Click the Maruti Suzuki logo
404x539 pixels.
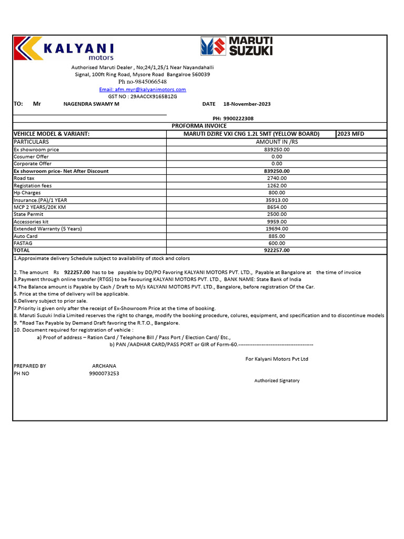(x=236, y=46)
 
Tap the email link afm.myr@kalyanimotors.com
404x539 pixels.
(x=143, y=89)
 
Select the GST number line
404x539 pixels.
(x=143, y=97)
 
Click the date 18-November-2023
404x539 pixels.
(x=247, y=104)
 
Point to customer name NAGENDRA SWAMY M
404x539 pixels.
(x=91, y=104)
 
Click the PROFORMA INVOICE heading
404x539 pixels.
(x=199, y=126)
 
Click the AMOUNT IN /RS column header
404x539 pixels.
(x=277, y=142)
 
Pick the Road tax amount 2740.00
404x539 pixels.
(x=277, y=178)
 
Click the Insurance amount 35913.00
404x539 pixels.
(x=277, y=200)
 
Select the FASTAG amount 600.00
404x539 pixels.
(x=277, y=243)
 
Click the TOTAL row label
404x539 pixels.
(x=22, y=251)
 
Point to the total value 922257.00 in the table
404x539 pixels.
(x=277, y=251)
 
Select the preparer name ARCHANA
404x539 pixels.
(x=104, y=366)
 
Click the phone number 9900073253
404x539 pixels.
(x=104, y=373)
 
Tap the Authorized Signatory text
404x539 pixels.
(x=277, y=381)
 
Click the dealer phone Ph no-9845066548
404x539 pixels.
(x=143, y=82)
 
